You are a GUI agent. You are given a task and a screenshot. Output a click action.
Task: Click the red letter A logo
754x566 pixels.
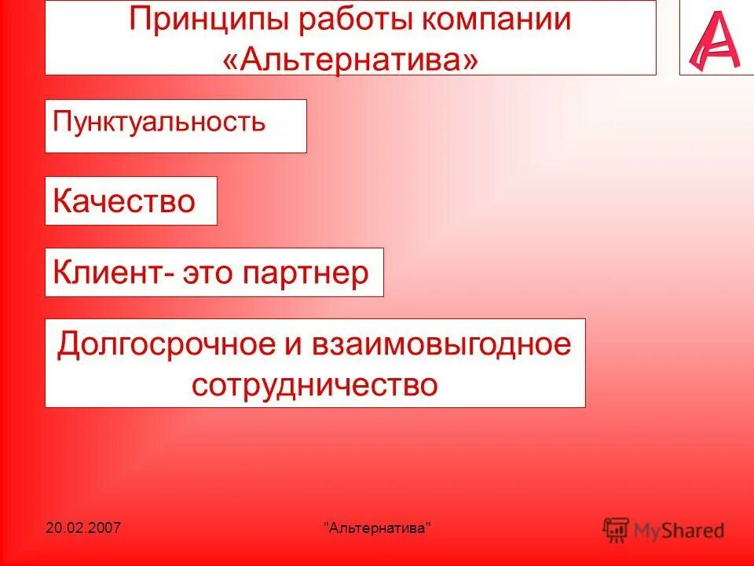click(714, 40)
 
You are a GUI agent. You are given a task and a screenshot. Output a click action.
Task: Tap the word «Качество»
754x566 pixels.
click(124, 201)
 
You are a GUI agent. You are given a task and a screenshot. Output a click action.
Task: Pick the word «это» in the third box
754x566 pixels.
click(210, 273)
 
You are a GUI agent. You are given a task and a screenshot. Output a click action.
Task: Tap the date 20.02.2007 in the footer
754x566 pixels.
click(82, 527)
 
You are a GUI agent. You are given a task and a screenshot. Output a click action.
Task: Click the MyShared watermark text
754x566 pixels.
click(680, 531)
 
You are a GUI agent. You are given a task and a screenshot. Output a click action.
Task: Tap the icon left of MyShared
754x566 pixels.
click(617, 530)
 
